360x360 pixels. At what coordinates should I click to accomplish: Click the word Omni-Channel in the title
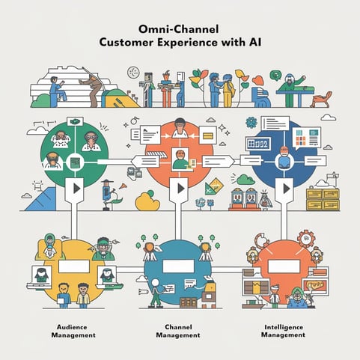coord(179,29)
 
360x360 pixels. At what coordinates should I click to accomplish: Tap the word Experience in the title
coord(187,43)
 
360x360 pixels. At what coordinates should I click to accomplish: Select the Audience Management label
coord(73,331)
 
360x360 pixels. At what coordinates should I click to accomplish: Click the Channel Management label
coord(178,331)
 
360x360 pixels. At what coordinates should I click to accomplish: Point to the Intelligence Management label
coord(283,331)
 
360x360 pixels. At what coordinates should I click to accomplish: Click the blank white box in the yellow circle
coord(74,266)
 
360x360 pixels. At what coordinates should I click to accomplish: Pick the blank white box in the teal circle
coord(178,266)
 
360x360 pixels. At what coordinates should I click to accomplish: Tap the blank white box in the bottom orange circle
coord(284,266)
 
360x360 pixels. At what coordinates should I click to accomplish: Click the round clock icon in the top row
coord(133,73)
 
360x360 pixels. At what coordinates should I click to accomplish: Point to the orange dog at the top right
coord(321,100)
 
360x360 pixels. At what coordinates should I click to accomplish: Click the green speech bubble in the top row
coord(275,76)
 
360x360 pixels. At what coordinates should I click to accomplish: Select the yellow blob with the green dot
coord(147,201)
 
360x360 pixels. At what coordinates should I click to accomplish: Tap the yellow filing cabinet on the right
coord(323,199)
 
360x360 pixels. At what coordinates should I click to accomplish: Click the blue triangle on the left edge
coord(40,199)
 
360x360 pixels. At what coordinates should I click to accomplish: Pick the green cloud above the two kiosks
coord(245,180)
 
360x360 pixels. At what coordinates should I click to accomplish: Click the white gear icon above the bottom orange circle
coord(306,240)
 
